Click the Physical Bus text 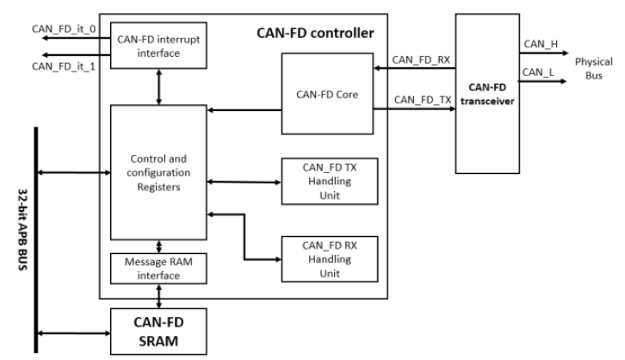click(x=594, y=68)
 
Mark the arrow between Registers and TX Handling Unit click(x=244, y=181)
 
